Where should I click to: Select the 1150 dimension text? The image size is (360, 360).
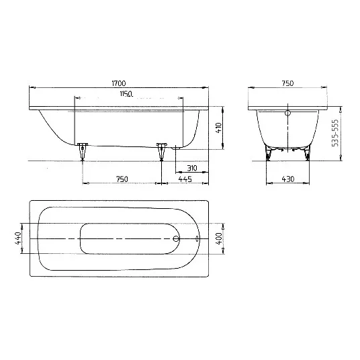[x=125, y=95]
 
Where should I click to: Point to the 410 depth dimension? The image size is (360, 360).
[x=218, y=127]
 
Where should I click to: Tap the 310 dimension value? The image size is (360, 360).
[x=191, y=167]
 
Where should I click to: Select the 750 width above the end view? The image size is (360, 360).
[x=287, y=83]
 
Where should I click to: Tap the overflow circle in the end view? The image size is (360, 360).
[x=287, y=114]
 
